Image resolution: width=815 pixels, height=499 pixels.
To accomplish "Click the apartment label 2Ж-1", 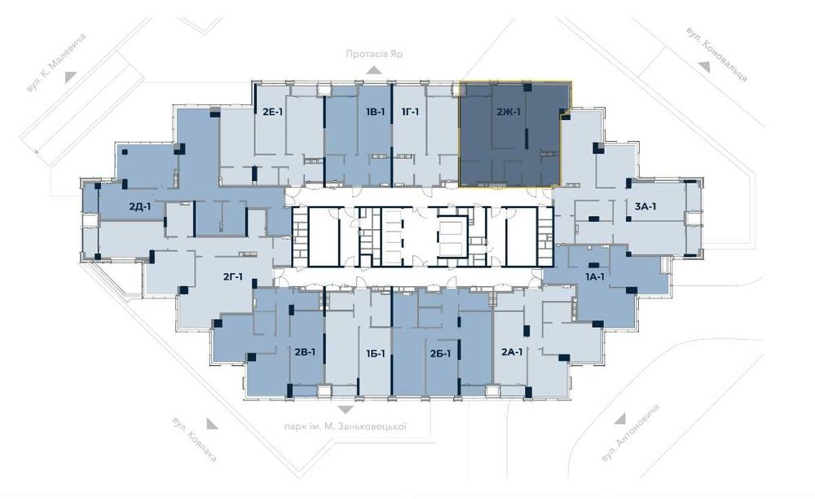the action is coord(508,111).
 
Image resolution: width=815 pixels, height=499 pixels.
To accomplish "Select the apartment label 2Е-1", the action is coord(272,111).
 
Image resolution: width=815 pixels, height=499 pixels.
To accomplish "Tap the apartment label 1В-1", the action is coord(375,111).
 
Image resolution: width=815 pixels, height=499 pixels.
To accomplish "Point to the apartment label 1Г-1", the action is coord(410,111).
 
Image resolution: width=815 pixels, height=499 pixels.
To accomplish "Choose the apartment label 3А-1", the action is coord(645,206).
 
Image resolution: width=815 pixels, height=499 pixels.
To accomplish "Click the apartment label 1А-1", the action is coord(594,277).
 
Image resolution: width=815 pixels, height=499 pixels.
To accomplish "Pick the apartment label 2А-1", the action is coord(512,352).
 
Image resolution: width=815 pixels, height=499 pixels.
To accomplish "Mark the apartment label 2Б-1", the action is coord(440,354).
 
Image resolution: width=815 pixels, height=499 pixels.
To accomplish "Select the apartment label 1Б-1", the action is coord(375,354).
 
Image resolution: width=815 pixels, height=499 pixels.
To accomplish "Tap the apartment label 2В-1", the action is coord(305,352).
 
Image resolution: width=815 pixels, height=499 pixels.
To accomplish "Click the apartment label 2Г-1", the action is coord(233,277).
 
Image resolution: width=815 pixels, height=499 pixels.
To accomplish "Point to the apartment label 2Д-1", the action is coord(140,206).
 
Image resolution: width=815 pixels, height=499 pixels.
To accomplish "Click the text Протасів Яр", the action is coord(374,54).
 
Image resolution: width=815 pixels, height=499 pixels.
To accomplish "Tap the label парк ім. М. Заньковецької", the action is coord(345,426).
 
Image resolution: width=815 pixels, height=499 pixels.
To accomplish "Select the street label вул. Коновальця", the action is coord(716,54).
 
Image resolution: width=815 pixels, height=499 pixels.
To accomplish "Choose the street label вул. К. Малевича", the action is coord(56,63).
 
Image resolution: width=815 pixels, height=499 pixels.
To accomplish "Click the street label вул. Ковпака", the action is coord(195,439).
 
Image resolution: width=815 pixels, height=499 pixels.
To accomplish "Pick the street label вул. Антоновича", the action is coord(630,432).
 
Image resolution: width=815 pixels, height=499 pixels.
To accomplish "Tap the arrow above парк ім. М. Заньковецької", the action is coord(345,411).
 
